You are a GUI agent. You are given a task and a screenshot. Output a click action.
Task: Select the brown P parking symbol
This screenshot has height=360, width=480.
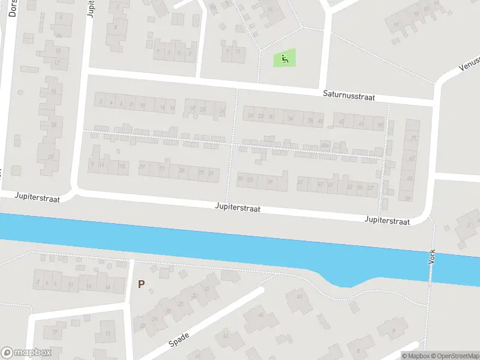point(142,284)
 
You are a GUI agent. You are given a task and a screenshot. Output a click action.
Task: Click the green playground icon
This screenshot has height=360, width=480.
point(284,58)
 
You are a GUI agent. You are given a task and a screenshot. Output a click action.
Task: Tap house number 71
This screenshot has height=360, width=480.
point(412,137)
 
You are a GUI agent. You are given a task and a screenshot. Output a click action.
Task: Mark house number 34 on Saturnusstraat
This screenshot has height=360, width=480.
point(291,119)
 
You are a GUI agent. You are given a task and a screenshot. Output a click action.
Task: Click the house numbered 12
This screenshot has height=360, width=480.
point(58,62)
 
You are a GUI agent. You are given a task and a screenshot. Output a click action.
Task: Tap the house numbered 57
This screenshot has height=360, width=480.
point(370,188)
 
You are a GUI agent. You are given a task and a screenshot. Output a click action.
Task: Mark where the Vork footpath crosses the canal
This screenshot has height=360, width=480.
point(430,264)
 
